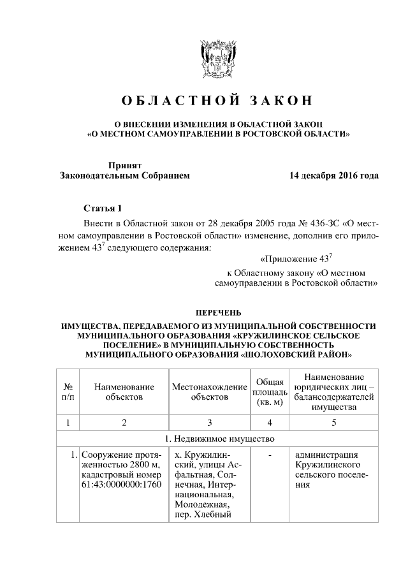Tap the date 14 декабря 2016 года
coord(333,175)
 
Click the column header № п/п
coord(68,391)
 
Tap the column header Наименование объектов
coord(124,391)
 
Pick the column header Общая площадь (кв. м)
coord(270,391)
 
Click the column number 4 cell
coord(270,421)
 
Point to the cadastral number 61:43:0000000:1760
coord(123,484)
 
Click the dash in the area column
coord(270,455)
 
